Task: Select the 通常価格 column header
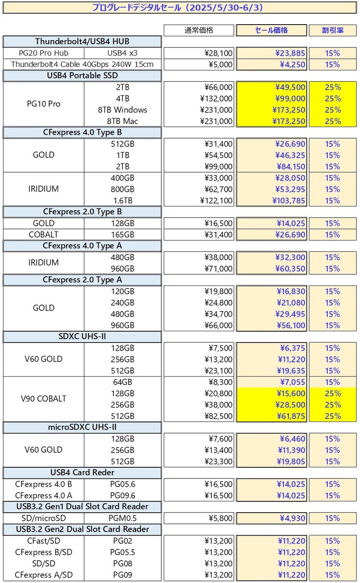tap(199, 30)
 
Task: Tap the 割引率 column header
tap(332, 30)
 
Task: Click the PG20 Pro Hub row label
tap(43, 53)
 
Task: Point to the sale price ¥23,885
tap(290, 53)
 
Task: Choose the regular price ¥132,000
tap(216, 98)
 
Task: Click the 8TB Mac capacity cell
tap(123, 121)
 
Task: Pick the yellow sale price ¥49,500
tap(290, 87)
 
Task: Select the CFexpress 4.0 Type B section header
tap(82, 132)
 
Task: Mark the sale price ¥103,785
tap(289, 200)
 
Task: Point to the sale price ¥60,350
tap(290, 269)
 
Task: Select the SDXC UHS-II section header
tap(82, 336)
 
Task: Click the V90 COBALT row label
tap(44, 399)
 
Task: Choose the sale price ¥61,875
tap(290, 416)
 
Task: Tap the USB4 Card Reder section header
tap(82, 472)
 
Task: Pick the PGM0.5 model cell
tap(123, 518)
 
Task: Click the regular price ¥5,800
tap(219, 518)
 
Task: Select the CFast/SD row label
tap(44, 541)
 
